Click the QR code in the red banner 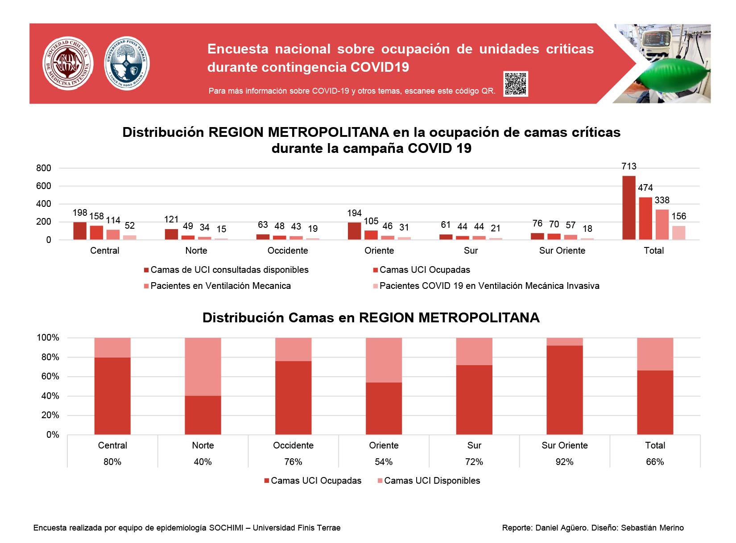coord(515,84)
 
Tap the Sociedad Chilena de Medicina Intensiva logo coord(68,63)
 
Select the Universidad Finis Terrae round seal coord(127,63)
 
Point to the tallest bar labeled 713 coord(628,208)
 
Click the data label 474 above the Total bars coord(645,188)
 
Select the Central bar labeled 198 coord(80,231)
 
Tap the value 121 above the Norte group coord(171,219)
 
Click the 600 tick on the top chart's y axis coord(43,186)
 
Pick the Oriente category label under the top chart coord(379,251)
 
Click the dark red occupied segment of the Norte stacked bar coord(203,415)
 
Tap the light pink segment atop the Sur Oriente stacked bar coord(564,341)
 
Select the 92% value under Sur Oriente coord(564,462)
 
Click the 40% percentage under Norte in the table coord(203,462)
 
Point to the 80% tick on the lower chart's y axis coord(50,357)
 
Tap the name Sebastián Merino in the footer coord(652,528)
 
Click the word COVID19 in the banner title coord(380,67)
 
